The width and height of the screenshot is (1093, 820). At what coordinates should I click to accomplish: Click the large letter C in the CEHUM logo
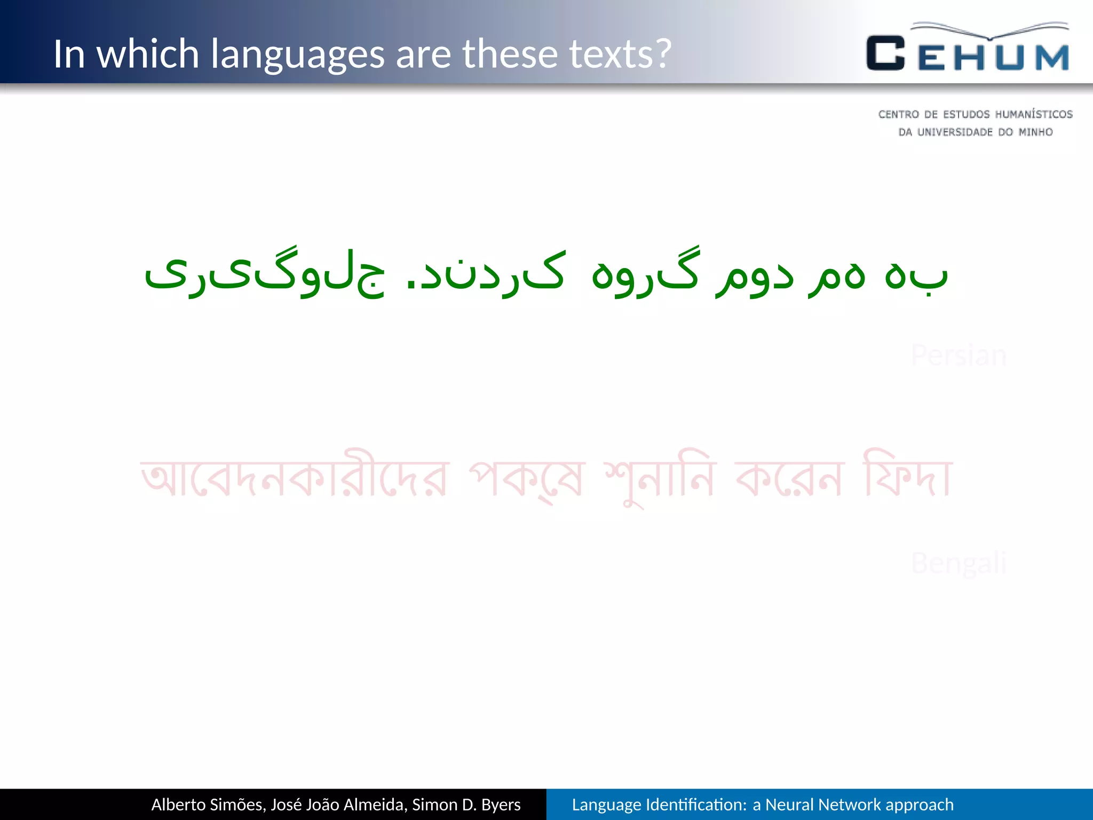point(885,53)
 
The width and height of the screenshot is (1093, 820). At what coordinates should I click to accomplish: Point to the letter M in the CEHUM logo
point(1052,57)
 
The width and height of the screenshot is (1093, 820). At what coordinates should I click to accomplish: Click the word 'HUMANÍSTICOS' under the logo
point(1034,114)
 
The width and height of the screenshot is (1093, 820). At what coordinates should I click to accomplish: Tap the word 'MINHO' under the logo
point(1035,132)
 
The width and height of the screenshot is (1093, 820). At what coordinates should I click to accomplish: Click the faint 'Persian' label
point(959,356)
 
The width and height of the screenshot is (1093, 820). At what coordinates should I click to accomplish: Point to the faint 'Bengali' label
point(959,563)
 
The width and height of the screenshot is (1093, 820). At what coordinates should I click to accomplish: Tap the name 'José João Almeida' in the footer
point(339,805)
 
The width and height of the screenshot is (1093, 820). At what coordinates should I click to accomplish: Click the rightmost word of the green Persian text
point(916,275)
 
